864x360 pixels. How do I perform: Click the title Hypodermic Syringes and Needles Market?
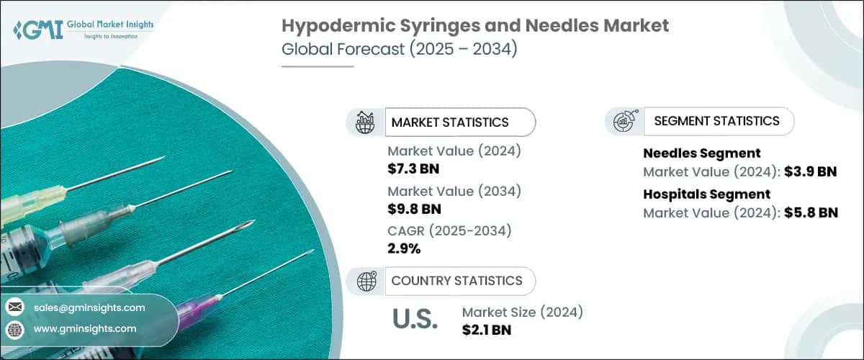pos(474,27)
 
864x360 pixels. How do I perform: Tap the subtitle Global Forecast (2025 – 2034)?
pos(399,50)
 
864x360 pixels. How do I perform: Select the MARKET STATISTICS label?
pos(449,122)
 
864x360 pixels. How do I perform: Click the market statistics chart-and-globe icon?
pos(366,122)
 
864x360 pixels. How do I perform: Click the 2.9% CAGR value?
pos(404,249)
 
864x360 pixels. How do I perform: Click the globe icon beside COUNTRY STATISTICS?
pos(366,280)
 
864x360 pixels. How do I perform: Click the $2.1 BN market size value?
pos(487,330)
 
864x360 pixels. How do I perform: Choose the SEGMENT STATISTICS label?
pos(716,121)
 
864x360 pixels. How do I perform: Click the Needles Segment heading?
pos(691,153)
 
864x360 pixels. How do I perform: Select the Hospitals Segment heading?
pos(696,194)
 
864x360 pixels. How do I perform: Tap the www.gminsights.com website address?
pos(84,328)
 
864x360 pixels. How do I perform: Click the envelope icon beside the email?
pos(14,307)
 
